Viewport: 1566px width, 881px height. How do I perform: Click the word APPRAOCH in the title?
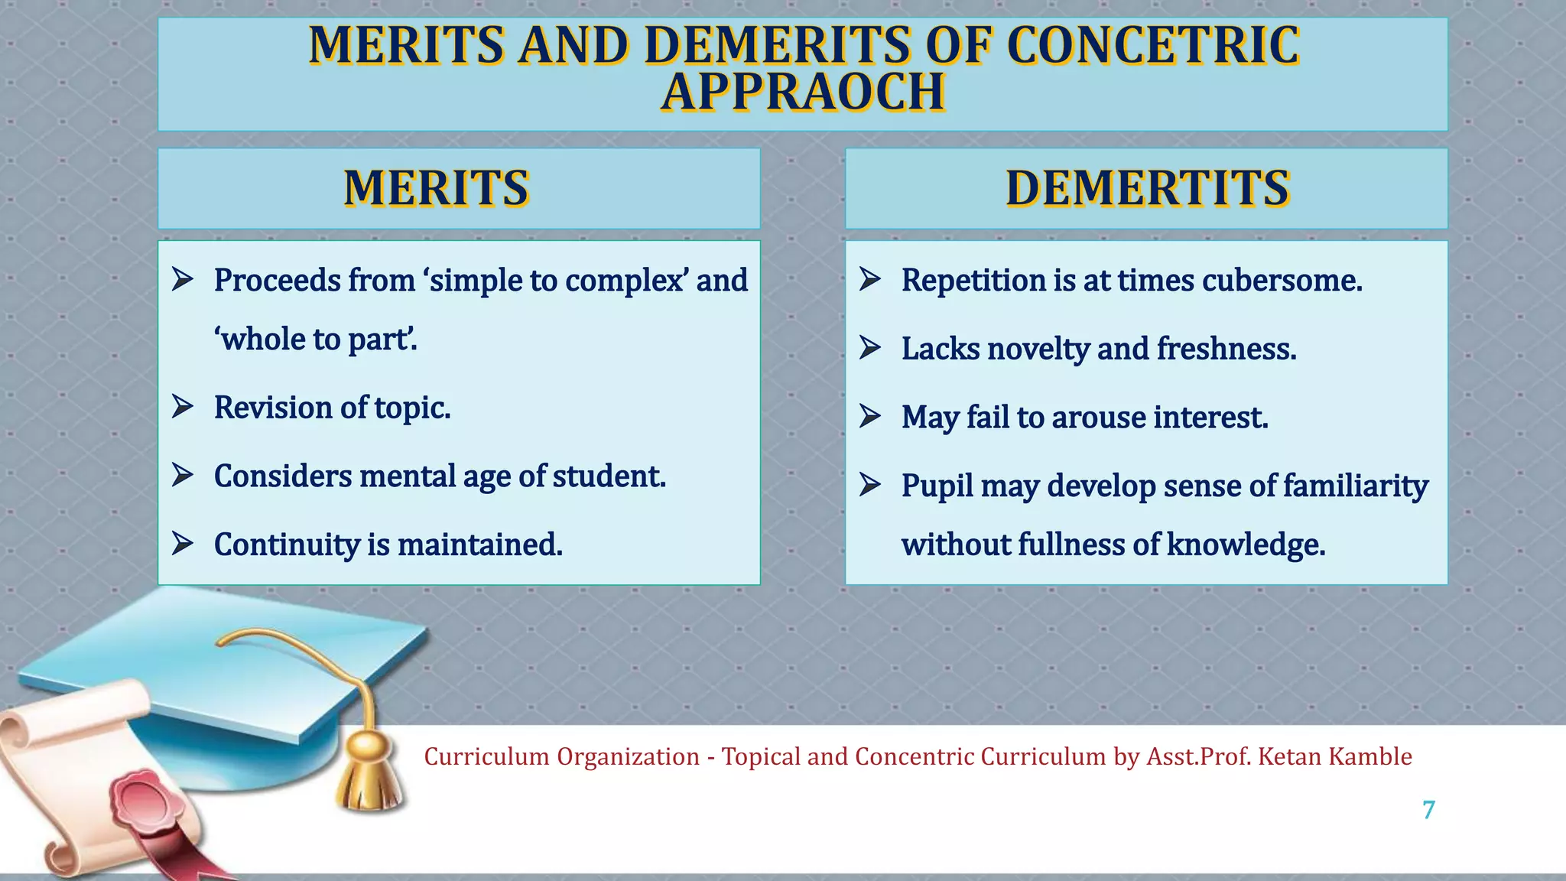(x=803, y=93)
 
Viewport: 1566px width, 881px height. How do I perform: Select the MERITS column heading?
(x=436, y=188)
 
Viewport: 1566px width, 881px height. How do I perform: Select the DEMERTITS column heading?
(x=1147, y=188)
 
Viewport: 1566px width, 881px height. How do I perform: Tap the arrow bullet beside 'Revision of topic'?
(x=182, y=406)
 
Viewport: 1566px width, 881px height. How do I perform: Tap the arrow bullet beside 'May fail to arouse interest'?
(x=869, y=416)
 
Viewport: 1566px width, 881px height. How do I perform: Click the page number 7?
(x=1428, y=810)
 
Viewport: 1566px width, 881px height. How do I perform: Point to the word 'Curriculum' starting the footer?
(x=486, y=756)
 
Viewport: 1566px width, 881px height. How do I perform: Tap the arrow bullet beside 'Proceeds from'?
(x=182, y=279)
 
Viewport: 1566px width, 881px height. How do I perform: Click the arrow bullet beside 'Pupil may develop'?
(x=869, y=484)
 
